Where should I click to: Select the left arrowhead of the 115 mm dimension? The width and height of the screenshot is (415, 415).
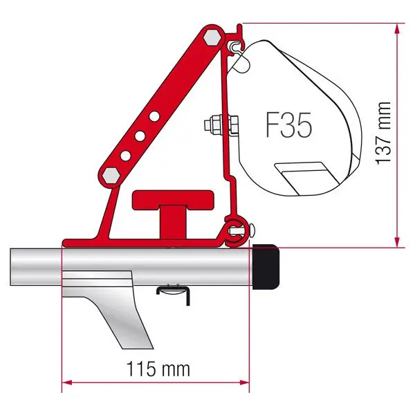[67, 380]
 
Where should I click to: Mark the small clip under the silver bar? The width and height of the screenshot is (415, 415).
[172, 290]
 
